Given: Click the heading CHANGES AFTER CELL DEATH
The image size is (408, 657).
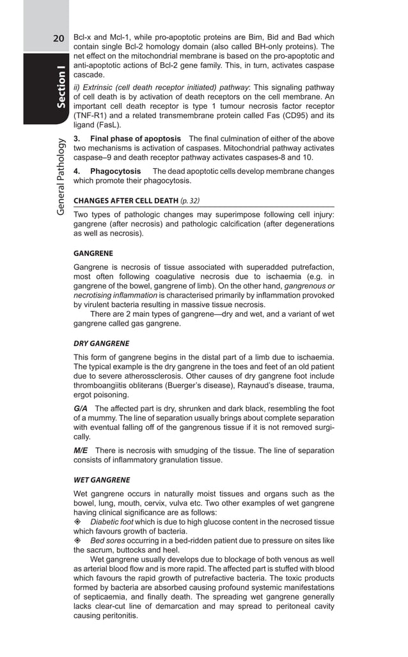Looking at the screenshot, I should (125, 200).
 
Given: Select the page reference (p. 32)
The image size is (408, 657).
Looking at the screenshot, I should (190, 200).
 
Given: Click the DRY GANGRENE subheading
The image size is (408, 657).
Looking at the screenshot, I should (102, 343).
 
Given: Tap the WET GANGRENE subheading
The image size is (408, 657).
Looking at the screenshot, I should (102, 480).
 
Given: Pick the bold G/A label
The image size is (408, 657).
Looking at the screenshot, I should (81, 409).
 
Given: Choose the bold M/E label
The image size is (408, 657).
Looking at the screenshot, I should (82, 451).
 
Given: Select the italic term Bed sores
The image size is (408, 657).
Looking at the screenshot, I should (107, 541).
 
